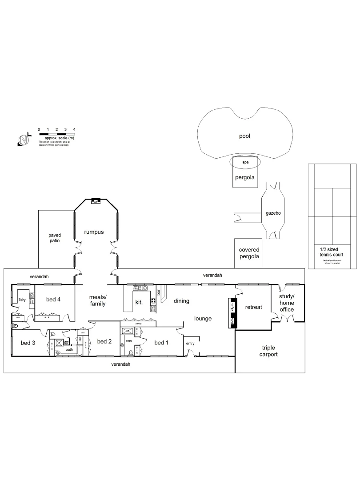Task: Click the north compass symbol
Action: coord(24,140)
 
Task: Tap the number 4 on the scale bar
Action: coord(74,129)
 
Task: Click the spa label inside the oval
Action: coord(245,163)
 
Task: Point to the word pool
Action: coord(244,136)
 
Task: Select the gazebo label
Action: coord(273,213)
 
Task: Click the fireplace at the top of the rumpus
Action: coord(95,201)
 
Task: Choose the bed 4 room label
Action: coord(53,299)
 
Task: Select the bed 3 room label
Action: coord(28,342)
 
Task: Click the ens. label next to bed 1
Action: coord(129,341)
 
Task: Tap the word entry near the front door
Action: coord(190,343)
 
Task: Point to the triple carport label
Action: coord(269,351)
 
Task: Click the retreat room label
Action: coord(253,307)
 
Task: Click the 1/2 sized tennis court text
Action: coord(332,252)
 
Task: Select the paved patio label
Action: coord(55,238)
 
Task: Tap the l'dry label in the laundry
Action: coord(22,295)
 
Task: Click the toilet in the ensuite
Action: coord(131,353)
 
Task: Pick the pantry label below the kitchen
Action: coord(139,324)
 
